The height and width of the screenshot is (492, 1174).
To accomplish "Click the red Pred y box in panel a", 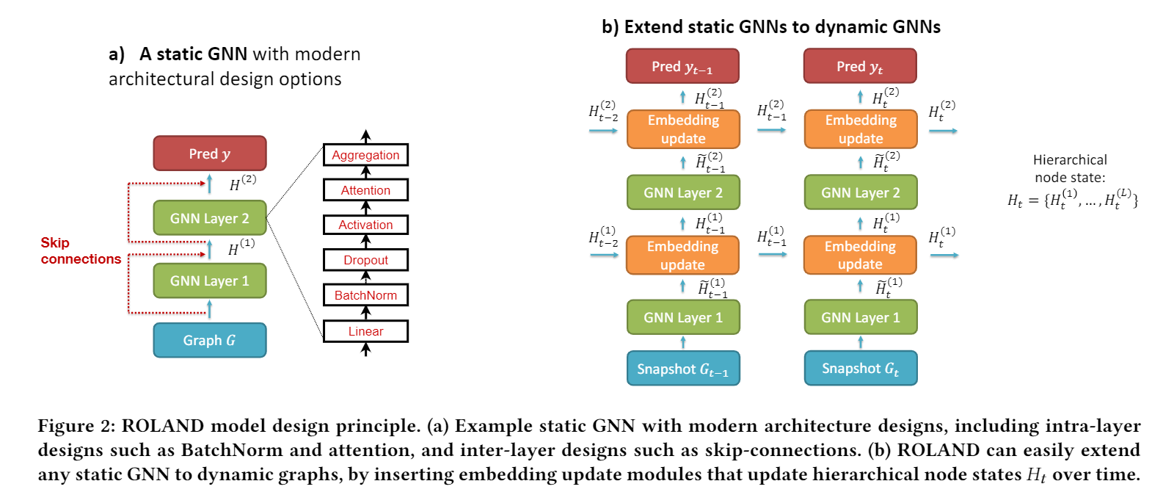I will (209, 153).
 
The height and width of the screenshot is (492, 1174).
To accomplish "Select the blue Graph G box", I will (209, 340).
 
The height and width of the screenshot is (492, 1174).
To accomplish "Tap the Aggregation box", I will (365, 155).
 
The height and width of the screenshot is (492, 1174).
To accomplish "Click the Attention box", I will (365, 190).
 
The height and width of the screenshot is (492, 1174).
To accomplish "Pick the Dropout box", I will (365, 260).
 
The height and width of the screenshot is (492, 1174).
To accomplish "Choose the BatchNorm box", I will (365, 295).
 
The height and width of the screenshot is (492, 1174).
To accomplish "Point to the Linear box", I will (365, 331).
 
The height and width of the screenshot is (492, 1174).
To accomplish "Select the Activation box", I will (365, 225).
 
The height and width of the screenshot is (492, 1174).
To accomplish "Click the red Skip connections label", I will (80, 250).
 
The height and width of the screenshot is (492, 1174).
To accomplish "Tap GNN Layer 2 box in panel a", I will (209, 218).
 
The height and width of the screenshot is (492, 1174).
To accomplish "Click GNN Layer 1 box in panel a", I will (209, 281).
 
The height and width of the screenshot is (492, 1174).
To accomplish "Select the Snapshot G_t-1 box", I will (683, 368).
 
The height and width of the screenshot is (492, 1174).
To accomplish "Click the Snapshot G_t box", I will (861, 368).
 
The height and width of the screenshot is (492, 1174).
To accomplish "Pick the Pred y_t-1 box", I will (682, 66).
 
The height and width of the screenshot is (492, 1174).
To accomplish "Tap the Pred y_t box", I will (860, 66).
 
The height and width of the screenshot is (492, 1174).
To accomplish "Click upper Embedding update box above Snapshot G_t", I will (861, 129).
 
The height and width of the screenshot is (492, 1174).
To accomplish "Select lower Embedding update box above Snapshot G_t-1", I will (682, 255).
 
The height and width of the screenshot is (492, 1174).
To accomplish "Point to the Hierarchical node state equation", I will (1072, 199).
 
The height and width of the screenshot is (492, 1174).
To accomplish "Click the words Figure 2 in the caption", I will (76, 426).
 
